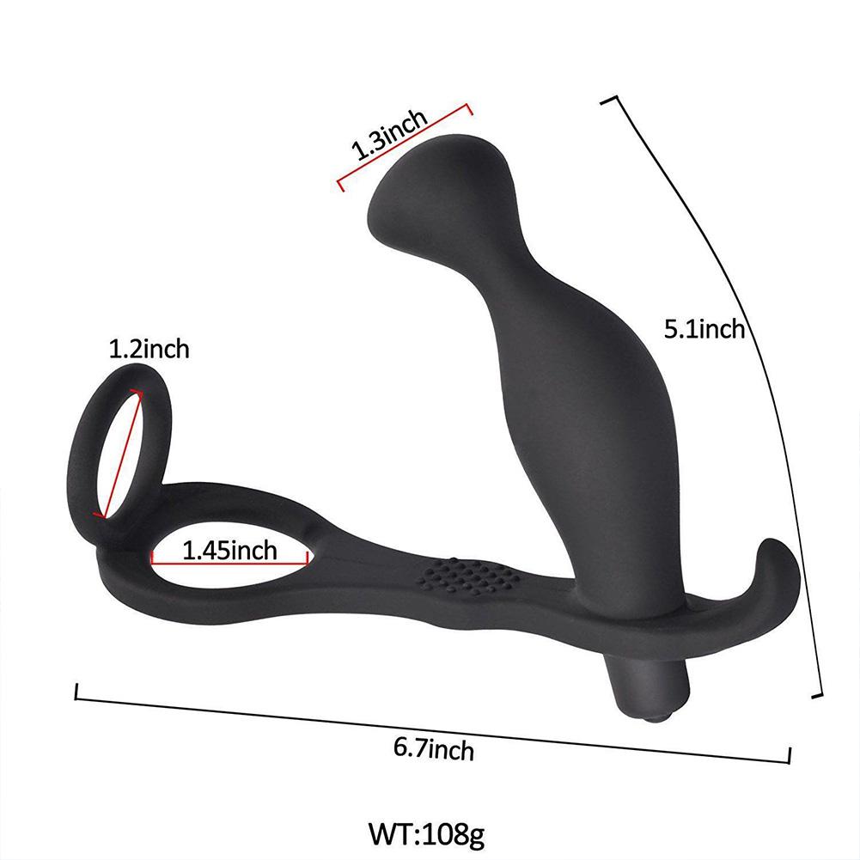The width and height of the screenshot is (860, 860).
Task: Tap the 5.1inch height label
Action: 704,329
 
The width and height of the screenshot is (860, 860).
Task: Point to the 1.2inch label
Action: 148,350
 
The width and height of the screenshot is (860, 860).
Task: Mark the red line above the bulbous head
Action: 404,144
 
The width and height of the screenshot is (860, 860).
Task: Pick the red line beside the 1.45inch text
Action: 229,564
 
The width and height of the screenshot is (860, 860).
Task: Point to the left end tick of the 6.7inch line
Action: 78,692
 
